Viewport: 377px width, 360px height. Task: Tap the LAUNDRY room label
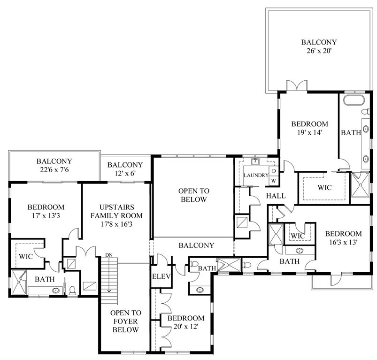pos(255,176)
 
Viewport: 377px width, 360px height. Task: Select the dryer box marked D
pos(274,171)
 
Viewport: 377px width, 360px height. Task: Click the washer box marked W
pos(274,181)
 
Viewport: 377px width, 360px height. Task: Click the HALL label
pos(275,195)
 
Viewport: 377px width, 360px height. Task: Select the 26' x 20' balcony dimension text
pos(319,51)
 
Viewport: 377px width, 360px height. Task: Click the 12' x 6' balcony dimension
pos(125,174)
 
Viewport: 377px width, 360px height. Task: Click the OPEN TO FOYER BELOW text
pos(125,321)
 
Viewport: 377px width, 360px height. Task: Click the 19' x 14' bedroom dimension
pos(309,133)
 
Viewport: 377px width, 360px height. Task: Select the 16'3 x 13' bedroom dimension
pos(343,243)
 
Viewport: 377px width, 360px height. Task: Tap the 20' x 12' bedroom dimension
pos(182,327)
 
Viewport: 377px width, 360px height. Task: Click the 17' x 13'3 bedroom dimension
pos(46,216)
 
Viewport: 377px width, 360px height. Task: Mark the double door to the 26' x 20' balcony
pos(297,86)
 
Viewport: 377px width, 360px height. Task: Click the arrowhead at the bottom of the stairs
pos(109,290)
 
